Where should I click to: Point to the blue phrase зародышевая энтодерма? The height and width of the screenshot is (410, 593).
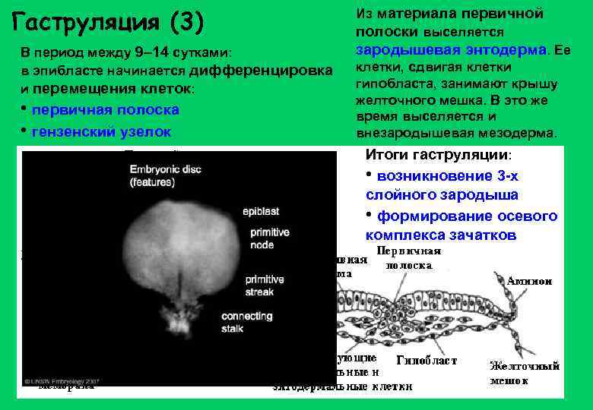pyautogui.click(x=452, y=49)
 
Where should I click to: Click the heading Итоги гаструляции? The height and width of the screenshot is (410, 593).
pyautogui.click(x=439, y=155)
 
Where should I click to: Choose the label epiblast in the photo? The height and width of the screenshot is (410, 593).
pyautogui.click(x=262, y=212)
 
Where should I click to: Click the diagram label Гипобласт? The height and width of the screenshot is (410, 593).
pyautogui.click(x=427, y=361)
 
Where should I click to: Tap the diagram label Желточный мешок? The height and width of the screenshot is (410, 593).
pyautogui.click(x=525, y=373)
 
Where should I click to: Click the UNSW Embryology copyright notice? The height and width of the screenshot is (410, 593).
pyautogui.click(x=62, y=380)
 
